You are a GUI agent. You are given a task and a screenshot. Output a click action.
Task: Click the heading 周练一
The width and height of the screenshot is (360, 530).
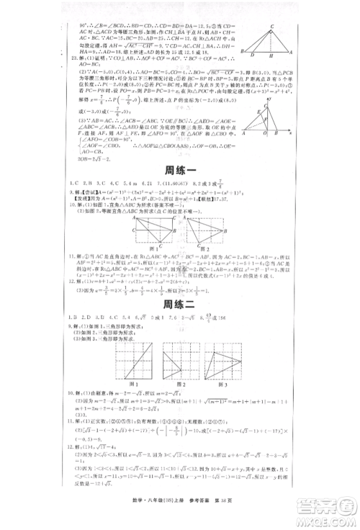(179, 171)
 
